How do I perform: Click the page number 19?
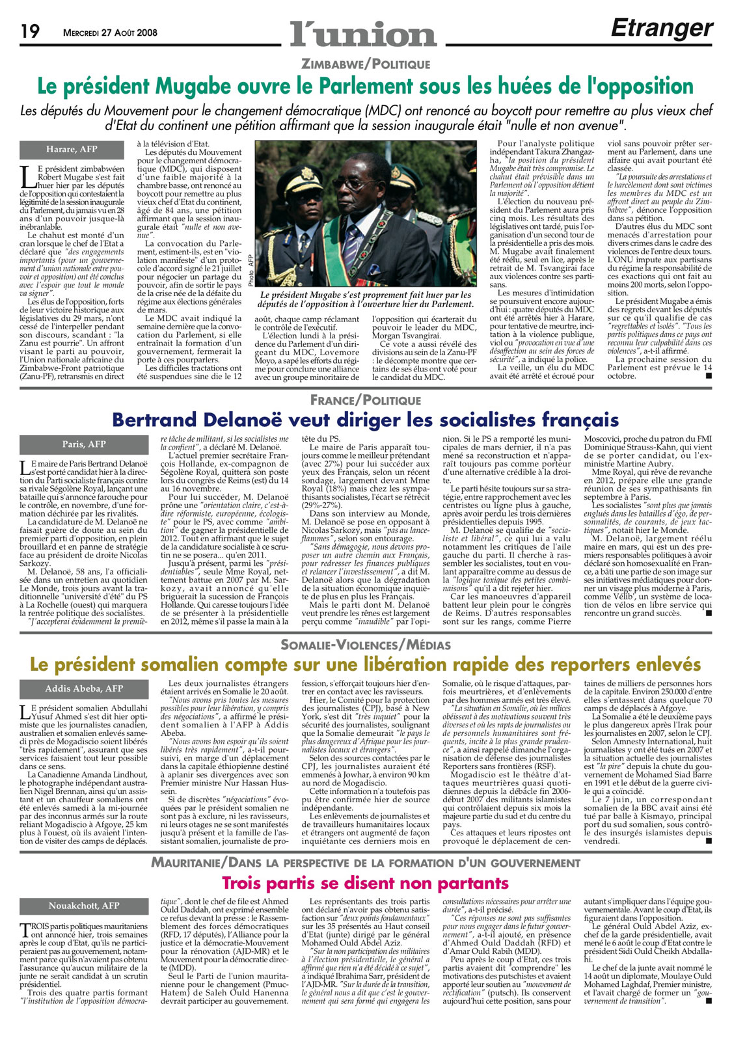pos(31,31)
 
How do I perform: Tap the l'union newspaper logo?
pos(363,33)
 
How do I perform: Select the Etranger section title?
pos(662,28)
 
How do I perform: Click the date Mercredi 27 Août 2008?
pos(110,33)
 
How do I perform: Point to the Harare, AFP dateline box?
pos(72,150)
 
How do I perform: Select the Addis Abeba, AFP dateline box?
pos(84,689)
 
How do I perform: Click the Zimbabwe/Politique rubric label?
pos(365,64)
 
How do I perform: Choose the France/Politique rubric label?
pos(365,399)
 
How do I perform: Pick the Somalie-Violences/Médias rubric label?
pos(365,645)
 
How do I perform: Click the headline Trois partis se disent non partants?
pos(365,883)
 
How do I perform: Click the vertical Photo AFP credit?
pos(250,269)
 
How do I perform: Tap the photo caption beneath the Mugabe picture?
pos(365,299)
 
